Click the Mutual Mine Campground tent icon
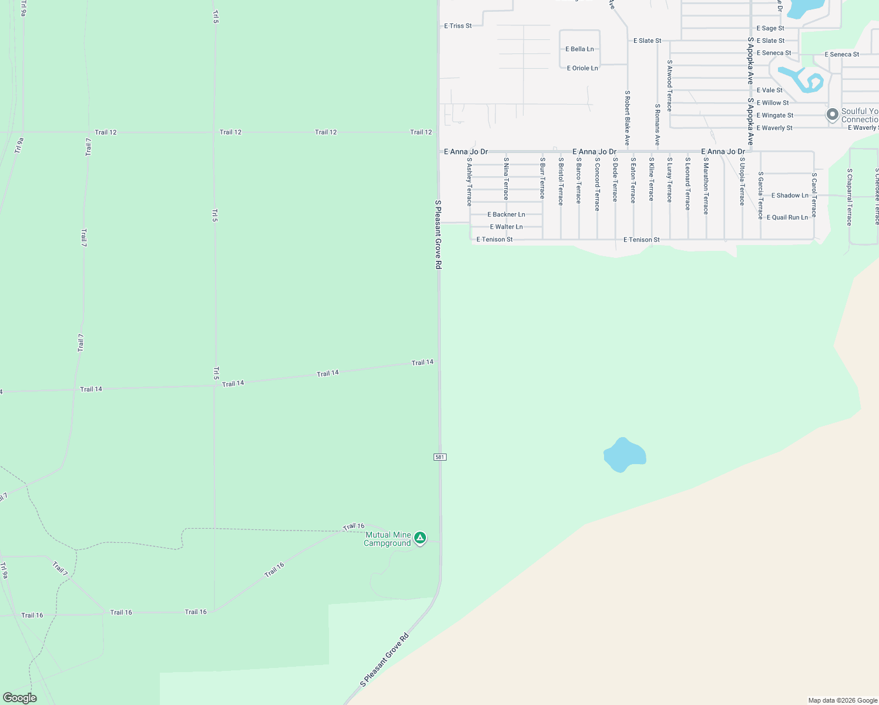coord(420,538)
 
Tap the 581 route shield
coord(440,457)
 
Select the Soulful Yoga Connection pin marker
coord(832,115)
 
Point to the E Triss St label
coord(458,26)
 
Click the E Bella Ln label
coord(579,49)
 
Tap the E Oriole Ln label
coord(582,68)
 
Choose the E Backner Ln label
coord(506,214)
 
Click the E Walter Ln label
coord(506,227)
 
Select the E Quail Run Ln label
coord(787,217)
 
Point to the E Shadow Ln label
coord(789,196)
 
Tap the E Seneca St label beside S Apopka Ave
coord(773,53)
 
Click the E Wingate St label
coord(774,116)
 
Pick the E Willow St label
coord(772,103)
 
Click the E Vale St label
coord(769,90)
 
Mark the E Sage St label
coord(770,28)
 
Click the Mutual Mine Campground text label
coord(387,539)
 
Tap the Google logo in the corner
coord(19,698)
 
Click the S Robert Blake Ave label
coord(627,118)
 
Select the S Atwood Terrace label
coord(669,86)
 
